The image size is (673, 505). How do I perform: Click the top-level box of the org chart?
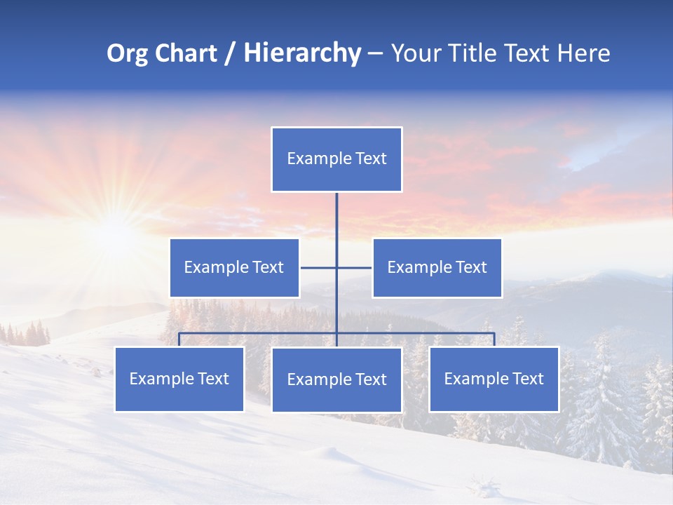click(336, 159)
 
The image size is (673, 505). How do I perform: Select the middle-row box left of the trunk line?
click(234, 268)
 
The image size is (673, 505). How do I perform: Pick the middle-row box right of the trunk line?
click(437, 268)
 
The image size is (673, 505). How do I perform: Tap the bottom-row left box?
click(179, 379)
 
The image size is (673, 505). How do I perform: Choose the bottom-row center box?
click(336, 380)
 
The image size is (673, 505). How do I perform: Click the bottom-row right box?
click(494, 379)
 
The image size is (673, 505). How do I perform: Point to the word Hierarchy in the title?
click(302, 53)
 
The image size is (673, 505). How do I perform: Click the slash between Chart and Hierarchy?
click(230, 54)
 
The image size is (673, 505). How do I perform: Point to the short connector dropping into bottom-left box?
click(179, 340)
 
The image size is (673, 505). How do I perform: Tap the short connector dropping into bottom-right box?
click(494, 340)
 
